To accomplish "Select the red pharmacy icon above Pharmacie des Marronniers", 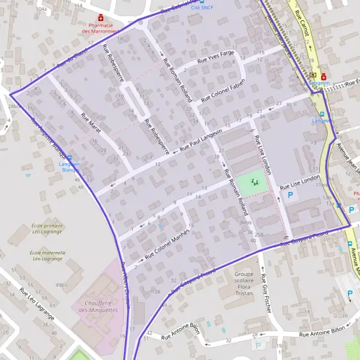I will click(x=100, y=17).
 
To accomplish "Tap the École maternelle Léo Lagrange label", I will click(x=47, y=255).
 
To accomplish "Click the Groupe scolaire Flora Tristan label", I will click(x=235, y=281).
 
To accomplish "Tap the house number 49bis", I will click(x=61, y=284).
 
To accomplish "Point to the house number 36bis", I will click(x=245, y=223).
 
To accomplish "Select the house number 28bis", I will click(x=13, y=106).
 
